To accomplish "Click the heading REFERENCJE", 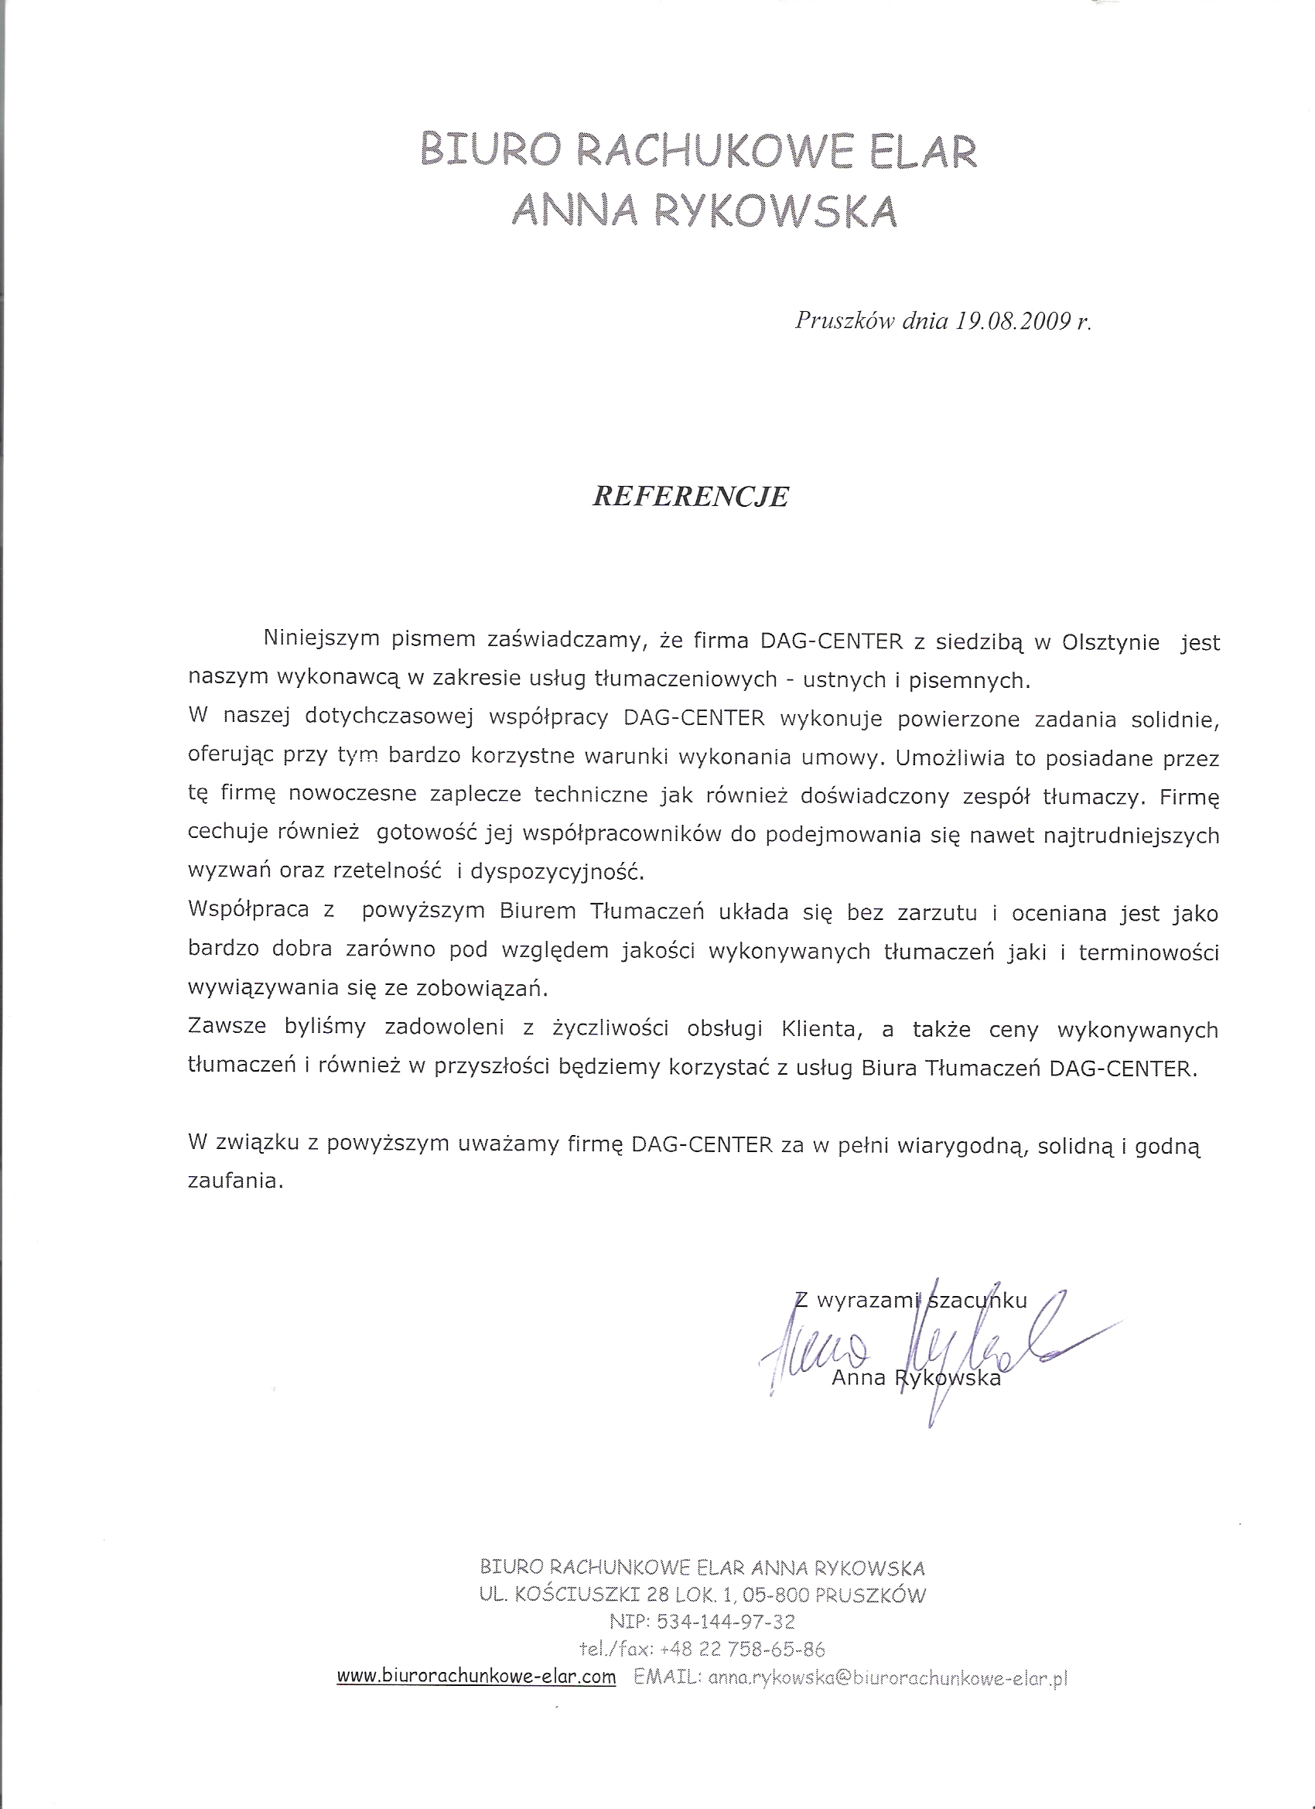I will [x=691, y=497].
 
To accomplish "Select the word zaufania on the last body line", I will [x=235, y=1182].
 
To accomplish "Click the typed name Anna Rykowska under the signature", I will [x=916, y=1377].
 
